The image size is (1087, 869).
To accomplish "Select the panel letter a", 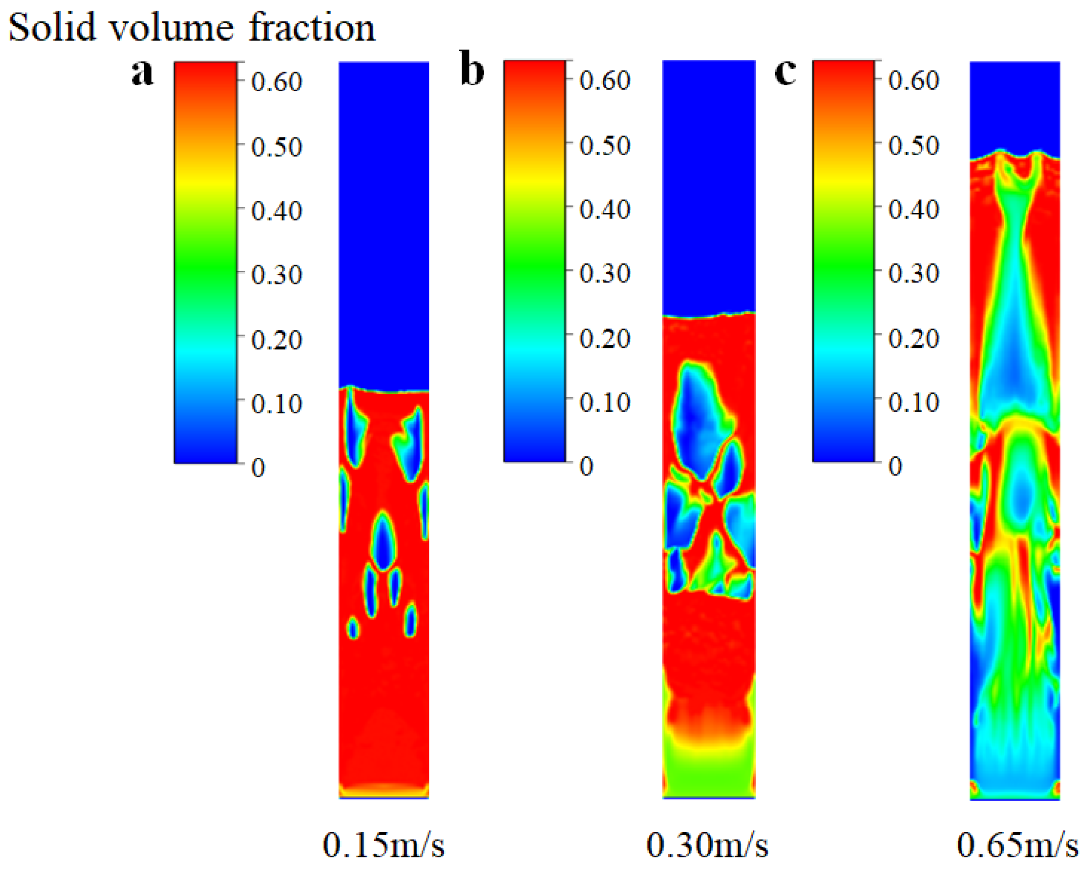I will coord(142,72).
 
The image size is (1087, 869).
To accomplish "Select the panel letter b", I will coord(472,70).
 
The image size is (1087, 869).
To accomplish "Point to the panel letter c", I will coord(785,71).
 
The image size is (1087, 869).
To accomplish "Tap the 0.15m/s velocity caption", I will coord(383,845).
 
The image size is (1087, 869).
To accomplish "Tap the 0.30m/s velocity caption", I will coord(707,845).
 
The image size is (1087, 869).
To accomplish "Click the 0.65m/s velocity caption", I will coord(1018,845).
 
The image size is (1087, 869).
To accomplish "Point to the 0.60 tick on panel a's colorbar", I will coord(276,82).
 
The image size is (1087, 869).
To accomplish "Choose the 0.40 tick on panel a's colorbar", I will coord(276,210).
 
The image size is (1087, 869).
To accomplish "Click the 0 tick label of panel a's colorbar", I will coord(258,467).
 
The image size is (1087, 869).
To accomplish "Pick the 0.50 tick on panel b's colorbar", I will coord(604,146).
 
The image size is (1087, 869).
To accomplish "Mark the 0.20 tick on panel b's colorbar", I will coord(604,338).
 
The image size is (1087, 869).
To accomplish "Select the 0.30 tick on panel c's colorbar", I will coord(914,273).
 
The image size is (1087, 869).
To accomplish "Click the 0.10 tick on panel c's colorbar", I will coord(914,402).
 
